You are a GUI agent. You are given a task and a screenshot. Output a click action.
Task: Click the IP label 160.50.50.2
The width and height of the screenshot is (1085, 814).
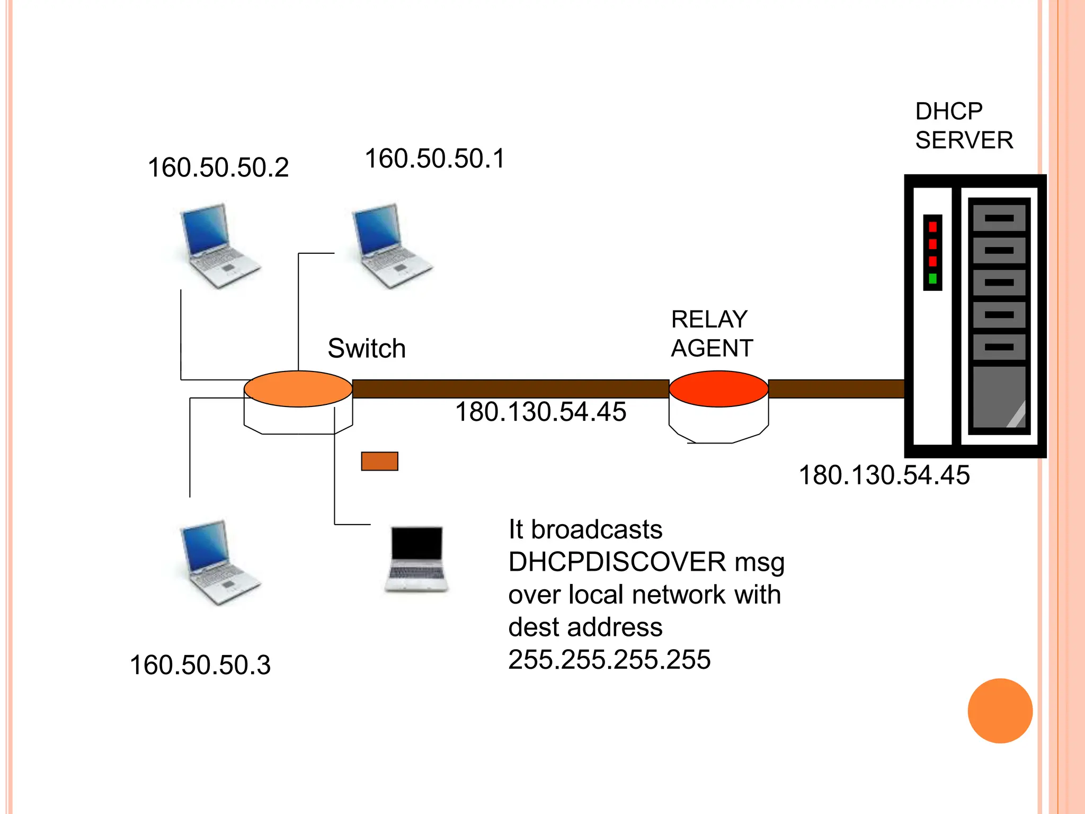(x=218, y=168)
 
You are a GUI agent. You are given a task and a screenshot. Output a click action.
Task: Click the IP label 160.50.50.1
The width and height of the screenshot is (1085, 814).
(x=435, y=159)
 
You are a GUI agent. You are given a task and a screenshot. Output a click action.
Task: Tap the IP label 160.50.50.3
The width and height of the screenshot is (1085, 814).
(x=200, y=665)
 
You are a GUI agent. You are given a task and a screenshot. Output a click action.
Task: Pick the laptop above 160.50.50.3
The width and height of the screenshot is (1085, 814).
(x=218, y=563)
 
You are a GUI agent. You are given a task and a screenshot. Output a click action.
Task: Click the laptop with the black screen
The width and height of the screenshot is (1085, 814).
(x=416, y=559)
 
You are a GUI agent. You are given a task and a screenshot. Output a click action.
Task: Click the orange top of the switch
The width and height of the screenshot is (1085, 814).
(x=298, y=388)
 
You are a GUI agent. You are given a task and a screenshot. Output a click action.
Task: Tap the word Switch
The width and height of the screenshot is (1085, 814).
(x=367, y=349)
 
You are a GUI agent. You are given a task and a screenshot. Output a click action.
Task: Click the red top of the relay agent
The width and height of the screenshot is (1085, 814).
(x=718, y=388)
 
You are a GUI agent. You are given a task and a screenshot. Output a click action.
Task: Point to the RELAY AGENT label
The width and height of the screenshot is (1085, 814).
(x=712, y=334)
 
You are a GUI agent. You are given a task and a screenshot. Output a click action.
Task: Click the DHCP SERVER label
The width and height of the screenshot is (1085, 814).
(x=964, y=126)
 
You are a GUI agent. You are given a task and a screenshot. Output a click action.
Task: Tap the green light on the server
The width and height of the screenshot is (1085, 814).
(x=932, y=279)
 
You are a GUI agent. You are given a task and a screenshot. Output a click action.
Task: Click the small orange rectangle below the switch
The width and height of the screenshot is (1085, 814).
(x=379, y=461)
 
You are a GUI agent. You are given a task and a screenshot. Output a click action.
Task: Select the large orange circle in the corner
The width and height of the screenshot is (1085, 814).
(x=1000, y=711)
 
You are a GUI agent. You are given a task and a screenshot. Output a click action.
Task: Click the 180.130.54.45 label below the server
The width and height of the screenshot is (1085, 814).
(x=884, y=475)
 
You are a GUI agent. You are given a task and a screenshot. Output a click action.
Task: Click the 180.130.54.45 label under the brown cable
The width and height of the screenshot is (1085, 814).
(x=540, y=412)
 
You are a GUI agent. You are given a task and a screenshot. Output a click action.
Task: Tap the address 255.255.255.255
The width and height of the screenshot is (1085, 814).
(x=609, y=660)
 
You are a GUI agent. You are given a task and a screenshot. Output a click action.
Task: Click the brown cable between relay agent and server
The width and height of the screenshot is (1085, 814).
(x=835, y=388)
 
